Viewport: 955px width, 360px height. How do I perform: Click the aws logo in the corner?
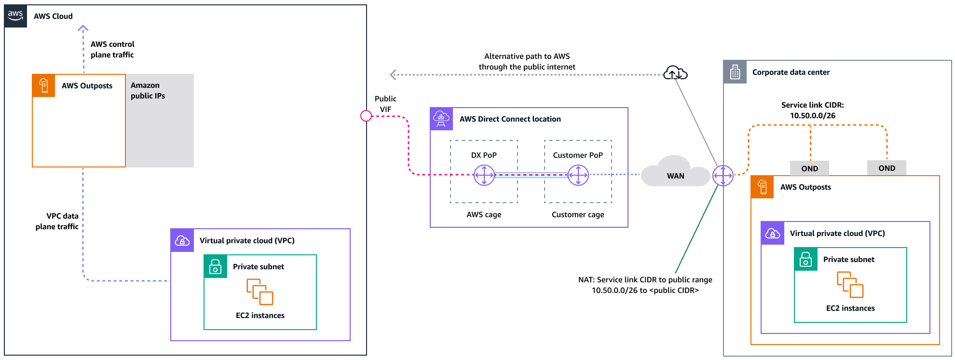(15, 15)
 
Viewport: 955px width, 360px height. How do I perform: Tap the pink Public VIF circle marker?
(366, 116)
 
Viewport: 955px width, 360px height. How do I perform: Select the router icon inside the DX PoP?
(484, 175)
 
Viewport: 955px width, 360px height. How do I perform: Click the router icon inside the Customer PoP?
(578, 175)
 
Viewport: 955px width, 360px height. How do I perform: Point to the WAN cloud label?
(675, 176)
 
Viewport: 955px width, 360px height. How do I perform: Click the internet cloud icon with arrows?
(675, 73)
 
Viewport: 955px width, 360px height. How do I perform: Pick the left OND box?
(809, 168)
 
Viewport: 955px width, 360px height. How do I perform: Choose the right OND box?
(887, 168)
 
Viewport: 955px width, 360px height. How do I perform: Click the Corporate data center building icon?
(735, 72)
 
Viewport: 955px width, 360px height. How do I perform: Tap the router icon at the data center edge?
(723, 175)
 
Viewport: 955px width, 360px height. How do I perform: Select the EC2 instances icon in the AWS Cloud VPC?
(260, 292)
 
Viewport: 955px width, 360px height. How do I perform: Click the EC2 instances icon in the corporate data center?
(850, 285)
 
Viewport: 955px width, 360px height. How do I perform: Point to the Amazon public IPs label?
(148, 91)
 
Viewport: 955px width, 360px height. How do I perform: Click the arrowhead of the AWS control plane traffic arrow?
(83, 28)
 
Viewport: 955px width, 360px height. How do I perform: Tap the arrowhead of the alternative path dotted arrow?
(393, 75)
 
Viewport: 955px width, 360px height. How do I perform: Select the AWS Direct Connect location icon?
(441, 119)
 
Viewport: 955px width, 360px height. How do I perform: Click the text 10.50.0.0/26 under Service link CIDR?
(812, 116)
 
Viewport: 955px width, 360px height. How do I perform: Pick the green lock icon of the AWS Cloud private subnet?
(215, 266)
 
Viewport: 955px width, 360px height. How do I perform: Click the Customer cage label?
(578, 215)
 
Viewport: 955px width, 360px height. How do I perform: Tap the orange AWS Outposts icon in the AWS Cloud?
(44, 86)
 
